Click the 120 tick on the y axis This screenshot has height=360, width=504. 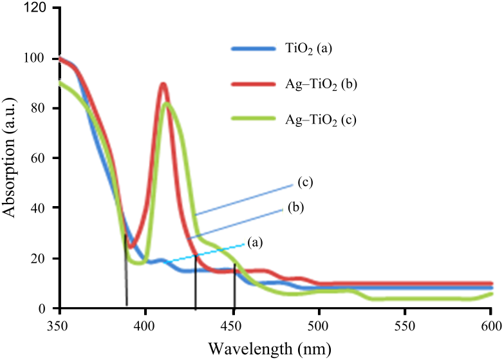point(37,8)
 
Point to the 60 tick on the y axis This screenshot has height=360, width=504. point(40,158)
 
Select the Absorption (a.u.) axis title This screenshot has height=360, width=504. point(12,158)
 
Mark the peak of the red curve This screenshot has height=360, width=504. point(163,84)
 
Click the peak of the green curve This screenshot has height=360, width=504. point(167,103)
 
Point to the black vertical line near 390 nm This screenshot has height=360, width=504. point(126,270)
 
